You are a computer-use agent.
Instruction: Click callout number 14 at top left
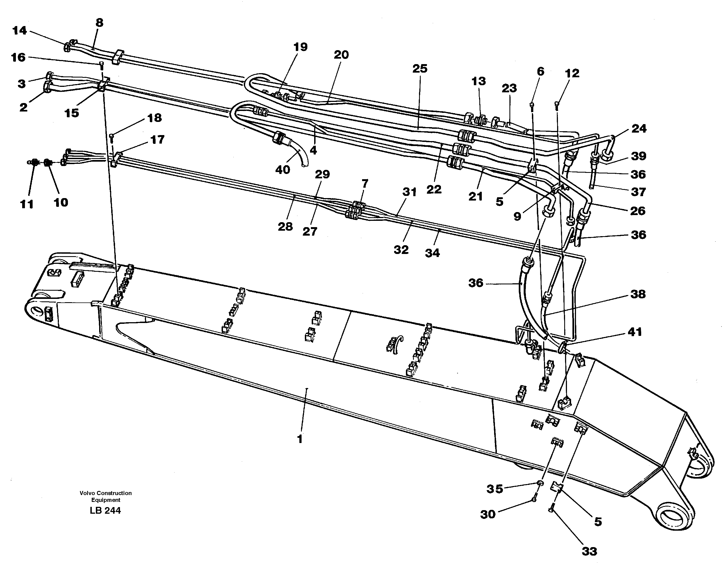click(x=19, y=30)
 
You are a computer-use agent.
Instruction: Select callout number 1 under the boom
click(x=300, y=439)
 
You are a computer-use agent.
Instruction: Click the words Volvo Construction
click(x=105, y=493)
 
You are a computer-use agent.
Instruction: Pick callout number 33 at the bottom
click(x=589, y=551)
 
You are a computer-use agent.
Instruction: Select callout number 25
click(x=420, y=68)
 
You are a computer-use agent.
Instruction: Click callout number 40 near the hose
click(x=282, y=170)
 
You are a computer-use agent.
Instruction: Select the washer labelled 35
click(x=540, y=483)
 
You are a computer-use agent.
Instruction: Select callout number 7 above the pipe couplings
click(x=365, y=183)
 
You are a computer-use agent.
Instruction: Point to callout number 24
click(x=639, y=128)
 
